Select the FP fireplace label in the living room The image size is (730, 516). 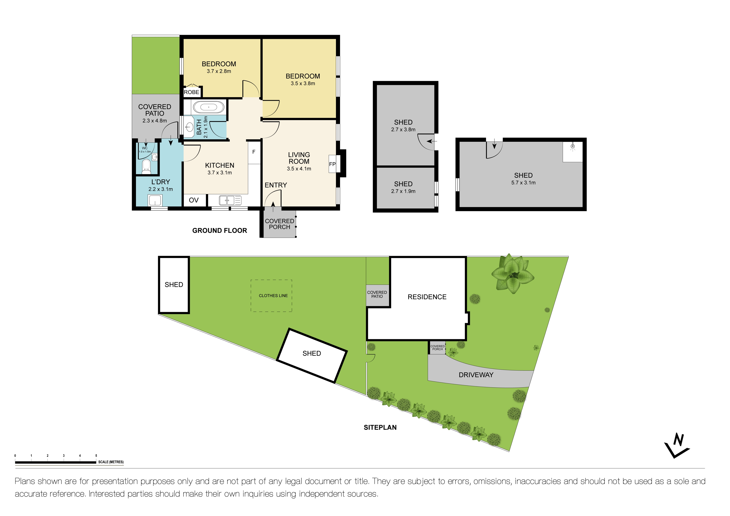[332, 164]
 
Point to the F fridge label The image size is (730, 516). [254, 152]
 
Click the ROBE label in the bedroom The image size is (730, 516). [191, 92]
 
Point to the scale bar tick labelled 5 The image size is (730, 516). [96, 456]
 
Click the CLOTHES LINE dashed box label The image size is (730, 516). [273, 296]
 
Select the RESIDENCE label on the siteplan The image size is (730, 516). [427, 297]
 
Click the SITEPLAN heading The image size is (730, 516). [380, 427]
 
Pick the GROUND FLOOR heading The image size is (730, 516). [219, 230]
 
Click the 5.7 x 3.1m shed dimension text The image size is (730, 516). [523, 183]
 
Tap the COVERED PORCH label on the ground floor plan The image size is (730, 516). [280, 224]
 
